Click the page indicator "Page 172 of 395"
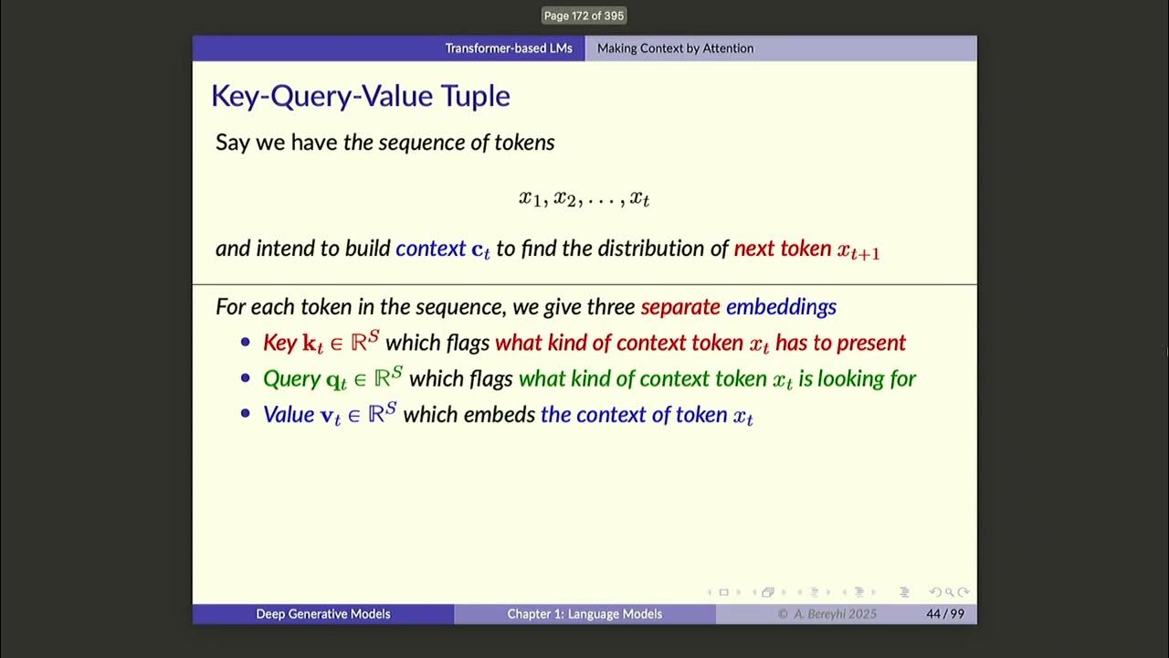tap(584, 16)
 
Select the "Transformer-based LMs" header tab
tap(508, 48)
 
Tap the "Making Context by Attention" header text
tap(675, 48)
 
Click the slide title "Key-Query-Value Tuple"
tap(360, 96)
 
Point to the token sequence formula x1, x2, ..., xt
tap(584, 198)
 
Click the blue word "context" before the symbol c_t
tap(430, 249)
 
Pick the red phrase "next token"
tap(782, 249)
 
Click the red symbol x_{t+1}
tap(858, 250)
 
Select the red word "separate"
tap(680, 307)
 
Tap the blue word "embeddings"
tap(781, 307)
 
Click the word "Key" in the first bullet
tap(279, 343)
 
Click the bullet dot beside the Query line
tap(245, 378)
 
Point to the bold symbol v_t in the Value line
tap(328, 416)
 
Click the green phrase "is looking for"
tap(857, 378)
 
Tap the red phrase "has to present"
tap(840, 343)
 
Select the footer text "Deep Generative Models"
tap(322, 614)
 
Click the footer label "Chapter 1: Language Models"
tap(584, 614)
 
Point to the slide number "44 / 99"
tap(944, 614)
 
